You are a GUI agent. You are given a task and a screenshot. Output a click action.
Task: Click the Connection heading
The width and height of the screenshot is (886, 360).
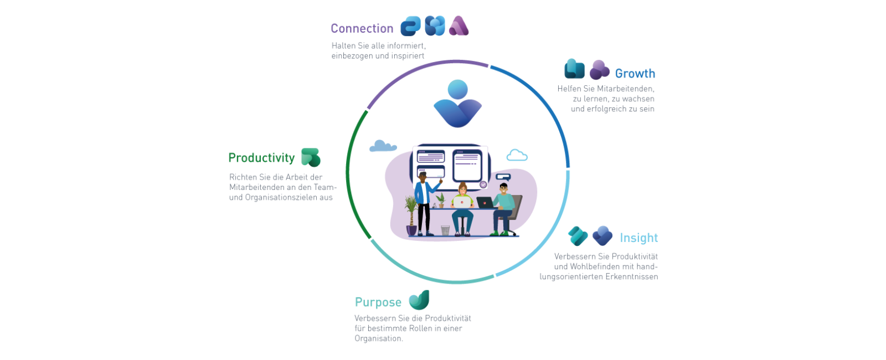tap(362, 28)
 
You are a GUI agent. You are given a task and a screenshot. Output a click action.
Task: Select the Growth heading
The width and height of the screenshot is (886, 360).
tap(635, 74)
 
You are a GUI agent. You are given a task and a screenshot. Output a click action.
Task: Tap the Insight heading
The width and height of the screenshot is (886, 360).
tap(638, 238)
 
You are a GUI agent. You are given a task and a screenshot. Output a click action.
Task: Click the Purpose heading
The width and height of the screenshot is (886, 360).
tap(378, 302)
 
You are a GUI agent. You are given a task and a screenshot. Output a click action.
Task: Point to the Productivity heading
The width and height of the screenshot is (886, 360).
tap(261, 158)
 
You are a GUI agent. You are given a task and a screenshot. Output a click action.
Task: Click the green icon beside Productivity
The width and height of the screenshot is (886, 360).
tap(311, 157)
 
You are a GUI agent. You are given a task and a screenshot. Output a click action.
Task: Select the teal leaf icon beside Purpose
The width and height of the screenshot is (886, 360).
tap(419, 300)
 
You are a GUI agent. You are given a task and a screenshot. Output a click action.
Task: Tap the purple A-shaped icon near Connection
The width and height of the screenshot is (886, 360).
tap(459, 26)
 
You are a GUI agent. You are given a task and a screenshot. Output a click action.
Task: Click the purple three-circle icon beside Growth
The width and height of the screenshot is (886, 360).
tap(599, 70)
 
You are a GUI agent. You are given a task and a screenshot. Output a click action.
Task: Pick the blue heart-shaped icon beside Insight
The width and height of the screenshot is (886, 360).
tap(602, 236)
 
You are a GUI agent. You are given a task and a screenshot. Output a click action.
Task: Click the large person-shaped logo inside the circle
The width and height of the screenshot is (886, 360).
tap(457, 104)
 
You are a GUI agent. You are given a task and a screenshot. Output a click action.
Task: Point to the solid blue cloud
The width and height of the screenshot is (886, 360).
tap(383, 146)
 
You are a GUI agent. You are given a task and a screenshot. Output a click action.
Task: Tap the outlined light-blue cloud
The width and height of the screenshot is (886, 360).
tap(517, 156)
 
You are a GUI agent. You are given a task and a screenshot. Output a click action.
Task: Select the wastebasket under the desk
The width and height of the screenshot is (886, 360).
tap(445, 230)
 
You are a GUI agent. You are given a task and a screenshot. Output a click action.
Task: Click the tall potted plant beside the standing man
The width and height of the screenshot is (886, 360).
tap(411, 215)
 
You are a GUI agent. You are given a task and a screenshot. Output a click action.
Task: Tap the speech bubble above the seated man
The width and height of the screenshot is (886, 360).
tap(503, 177)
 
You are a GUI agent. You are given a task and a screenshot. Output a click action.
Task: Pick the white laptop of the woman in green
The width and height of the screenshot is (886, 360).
tap(462, 203)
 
